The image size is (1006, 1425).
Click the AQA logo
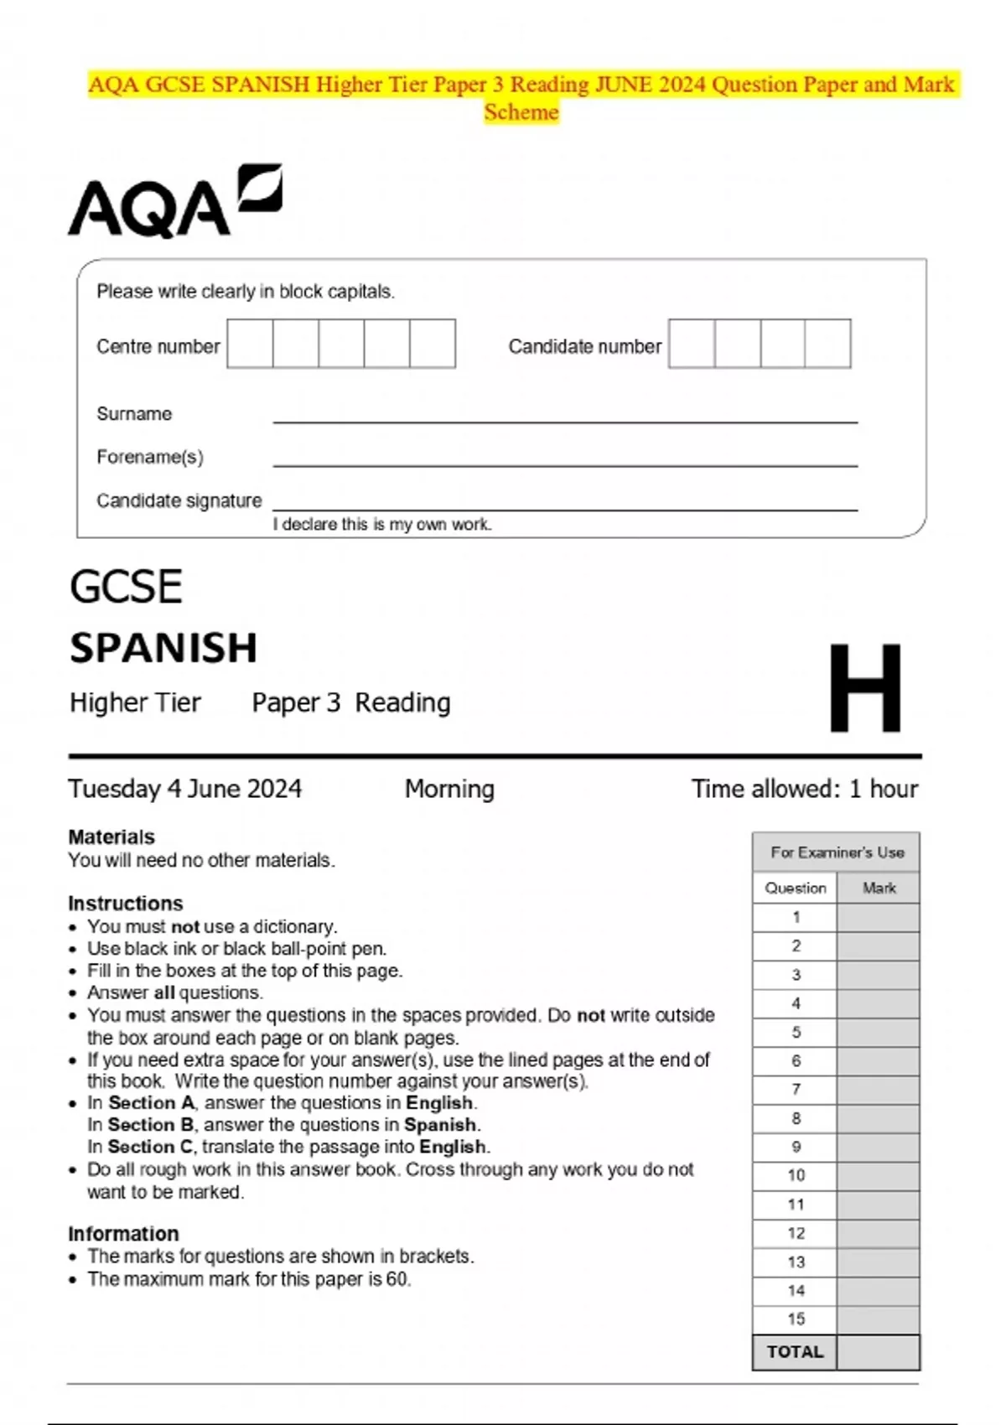pyautogui.click(x=174, y=201)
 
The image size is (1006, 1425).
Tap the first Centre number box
pyautogui.click(x=250, y=344)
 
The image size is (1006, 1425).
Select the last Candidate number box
pyautogui.click(x=827, y=344)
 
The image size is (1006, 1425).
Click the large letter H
pyautogui.click(x=865, y=688)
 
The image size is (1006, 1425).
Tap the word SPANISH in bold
pyautogui.click(x=163, y=648)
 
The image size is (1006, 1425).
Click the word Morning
pyautogui.click(x=449, y=789)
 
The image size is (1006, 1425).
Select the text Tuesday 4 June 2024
pyautogui.click(x=185, y=789)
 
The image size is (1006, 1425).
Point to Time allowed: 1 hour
pyautogui.click(x=804, y=789)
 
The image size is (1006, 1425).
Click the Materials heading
pyautogui.click(x=111, y=837)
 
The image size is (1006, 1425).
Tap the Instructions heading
pyautogui.click(x=126, y=903)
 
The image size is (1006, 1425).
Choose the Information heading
pyautogui.click(x=123, y=1233)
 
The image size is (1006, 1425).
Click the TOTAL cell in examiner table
pyautogui.click(x=795, y=1352)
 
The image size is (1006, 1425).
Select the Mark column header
pyautogui.click(x=879, y=888)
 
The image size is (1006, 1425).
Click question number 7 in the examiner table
pyautogui.click(x=796, y=1089)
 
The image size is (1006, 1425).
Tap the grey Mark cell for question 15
pyautogui.click(x=878, y=1319)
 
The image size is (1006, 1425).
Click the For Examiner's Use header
pyautogui.click(x=837, y=852)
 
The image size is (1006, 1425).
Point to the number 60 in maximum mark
pyautogui.click(x=397, y=1279)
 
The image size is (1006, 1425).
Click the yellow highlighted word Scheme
pyautogui.click(x=521, y=112)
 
